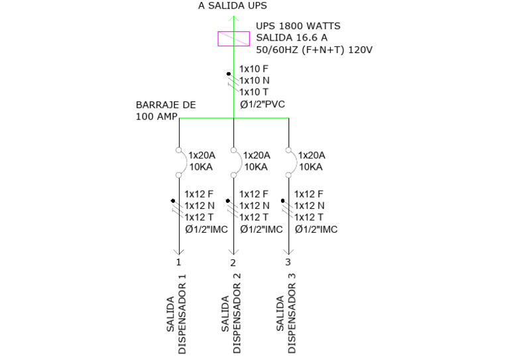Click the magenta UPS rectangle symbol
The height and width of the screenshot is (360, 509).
point(233,38)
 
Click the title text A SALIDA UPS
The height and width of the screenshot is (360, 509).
point(233,6)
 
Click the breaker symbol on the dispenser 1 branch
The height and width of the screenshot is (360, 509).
point(180,162)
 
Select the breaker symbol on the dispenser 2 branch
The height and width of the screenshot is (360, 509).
point(234,162)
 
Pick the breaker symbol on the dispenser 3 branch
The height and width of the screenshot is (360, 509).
point(289,162)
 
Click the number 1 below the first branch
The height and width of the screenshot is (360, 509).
point(178,263)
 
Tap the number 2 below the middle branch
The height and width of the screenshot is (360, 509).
point(233,263)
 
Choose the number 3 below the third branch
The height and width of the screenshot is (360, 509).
point(288,263)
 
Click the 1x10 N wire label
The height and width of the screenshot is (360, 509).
point(254,80)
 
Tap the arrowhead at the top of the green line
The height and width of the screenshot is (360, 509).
point(233,17)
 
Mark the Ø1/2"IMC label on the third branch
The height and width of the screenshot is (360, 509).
point(316,229)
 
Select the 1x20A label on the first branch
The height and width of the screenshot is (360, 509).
point(201,155)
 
